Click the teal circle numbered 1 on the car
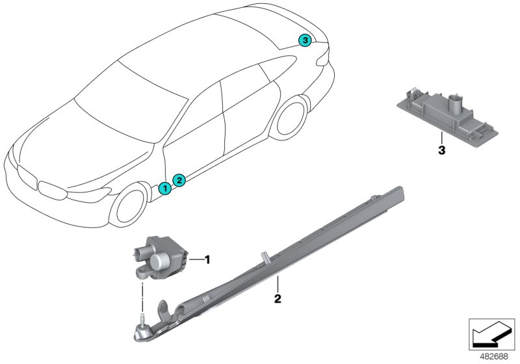165,188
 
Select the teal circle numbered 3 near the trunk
304,40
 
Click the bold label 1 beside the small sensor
208,261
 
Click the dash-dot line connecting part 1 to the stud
142,296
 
